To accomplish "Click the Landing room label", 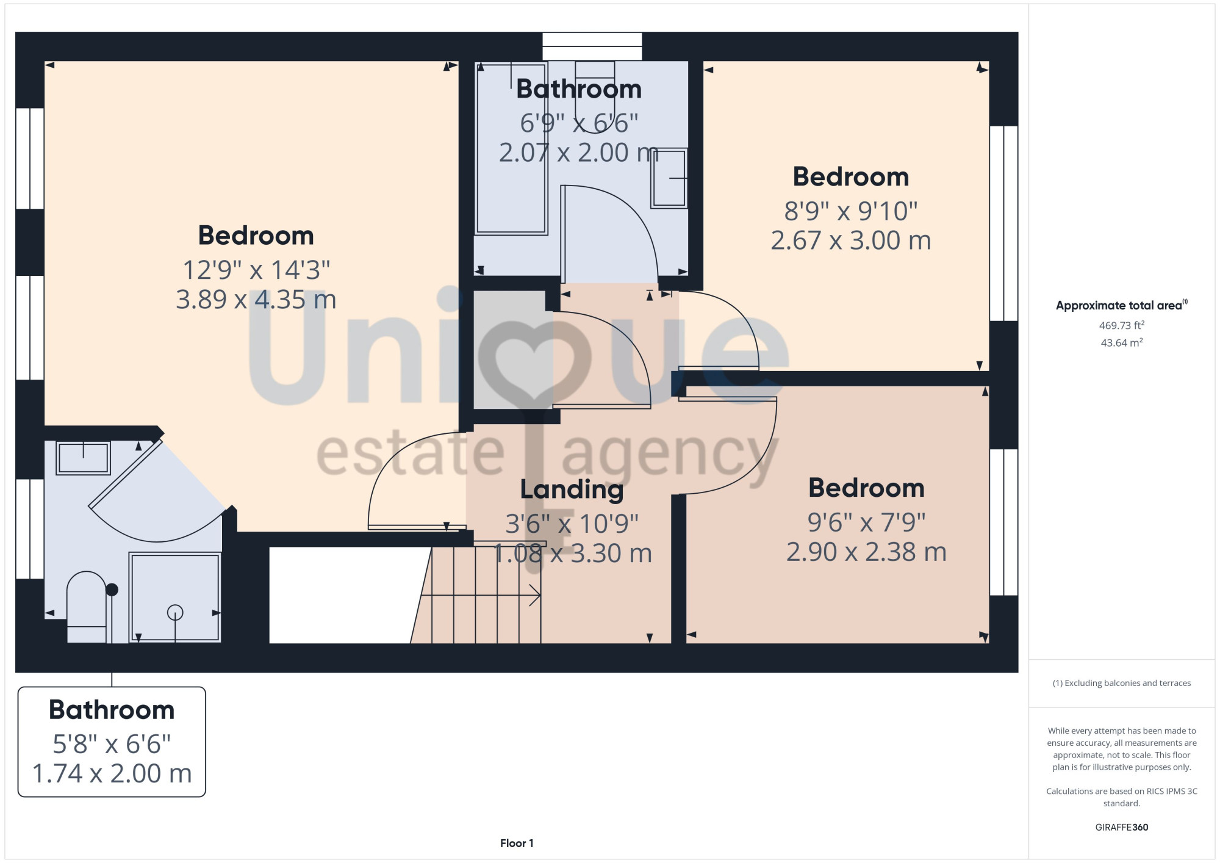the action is (572, 489).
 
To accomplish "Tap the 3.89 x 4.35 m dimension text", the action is (256, 300).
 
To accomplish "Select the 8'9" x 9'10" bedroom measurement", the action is (851, 211).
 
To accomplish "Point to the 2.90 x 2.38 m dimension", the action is (866, 552).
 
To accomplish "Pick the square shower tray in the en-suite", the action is (175, 598).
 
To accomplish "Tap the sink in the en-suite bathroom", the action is (83, 458).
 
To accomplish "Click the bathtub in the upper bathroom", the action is (511, 148).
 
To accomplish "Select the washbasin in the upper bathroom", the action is (670, 178).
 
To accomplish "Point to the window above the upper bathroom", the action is (592, 46).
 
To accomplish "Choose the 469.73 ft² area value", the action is (1121, 325).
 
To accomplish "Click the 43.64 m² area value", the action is (1121, 342).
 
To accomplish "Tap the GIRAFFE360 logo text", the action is (1121, 828).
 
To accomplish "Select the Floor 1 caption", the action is (517, 843).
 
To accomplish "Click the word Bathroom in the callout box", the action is (112, 710).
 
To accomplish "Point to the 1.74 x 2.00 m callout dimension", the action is (112, 774).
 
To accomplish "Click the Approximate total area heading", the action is (1121, 305).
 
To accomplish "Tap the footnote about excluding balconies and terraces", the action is (1121, 683).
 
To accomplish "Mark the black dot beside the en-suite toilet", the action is (112, 590).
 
